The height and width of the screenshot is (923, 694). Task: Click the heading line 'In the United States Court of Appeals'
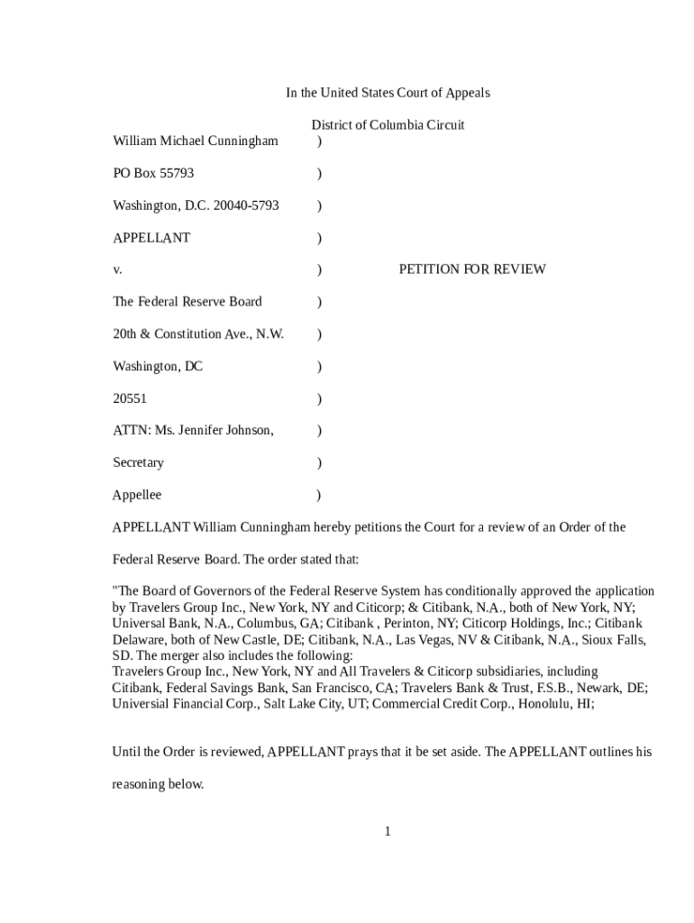point(388,93)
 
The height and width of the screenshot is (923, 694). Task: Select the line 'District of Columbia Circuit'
point(388,125)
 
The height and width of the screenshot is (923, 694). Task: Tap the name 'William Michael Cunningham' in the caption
point(195,141)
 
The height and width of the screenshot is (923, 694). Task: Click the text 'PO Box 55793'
point(152,173)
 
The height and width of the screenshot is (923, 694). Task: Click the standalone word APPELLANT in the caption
point(151,238)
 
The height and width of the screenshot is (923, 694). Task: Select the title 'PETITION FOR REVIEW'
point(471,270)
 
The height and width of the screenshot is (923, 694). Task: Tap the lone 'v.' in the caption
point(117,270)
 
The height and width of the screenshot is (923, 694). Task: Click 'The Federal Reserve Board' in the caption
point(187,302)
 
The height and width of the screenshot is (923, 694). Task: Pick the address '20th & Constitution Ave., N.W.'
point(197,334)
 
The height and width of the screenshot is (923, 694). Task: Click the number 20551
point(129,398)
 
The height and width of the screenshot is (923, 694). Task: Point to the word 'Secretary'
point(138,463)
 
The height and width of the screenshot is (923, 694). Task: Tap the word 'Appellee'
point(137,495)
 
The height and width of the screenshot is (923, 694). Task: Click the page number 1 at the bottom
point(388,831)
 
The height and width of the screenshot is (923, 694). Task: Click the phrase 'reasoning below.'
point(158,784)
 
